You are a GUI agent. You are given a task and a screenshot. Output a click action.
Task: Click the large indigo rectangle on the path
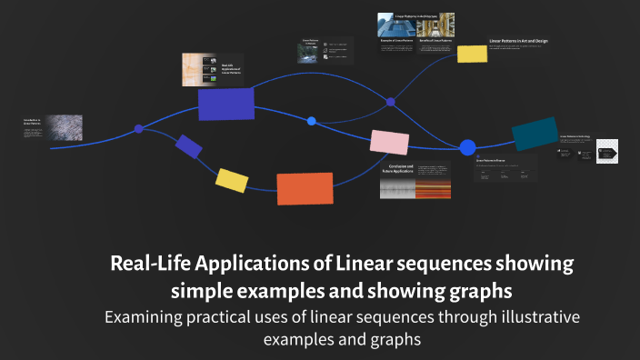tap(226, 105)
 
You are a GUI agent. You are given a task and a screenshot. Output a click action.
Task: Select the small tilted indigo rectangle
tap(189, 145)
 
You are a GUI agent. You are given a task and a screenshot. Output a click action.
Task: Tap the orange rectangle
tap(305, 188)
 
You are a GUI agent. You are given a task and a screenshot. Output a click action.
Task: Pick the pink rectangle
tap(389, 142)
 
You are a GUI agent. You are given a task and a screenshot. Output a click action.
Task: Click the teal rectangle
tap(535, 133)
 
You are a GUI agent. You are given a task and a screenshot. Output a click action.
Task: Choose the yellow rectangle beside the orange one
tap(232, 180)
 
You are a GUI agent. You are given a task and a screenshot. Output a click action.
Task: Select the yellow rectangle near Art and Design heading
tap(472, 53)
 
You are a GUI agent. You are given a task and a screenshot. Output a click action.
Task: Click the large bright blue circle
tap(467, 147)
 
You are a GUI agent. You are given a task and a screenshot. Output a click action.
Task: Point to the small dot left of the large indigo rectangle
tap(138, 129)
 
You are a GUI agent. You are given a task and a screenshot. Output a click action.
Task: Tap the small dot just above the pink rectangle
tap(312, 121)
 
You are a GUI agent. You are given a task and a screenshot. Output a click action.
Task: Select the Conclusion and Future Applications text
tap(400, 171)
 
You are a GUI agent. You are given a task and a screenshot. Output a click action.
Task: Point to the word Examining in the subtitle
tap(145, 317)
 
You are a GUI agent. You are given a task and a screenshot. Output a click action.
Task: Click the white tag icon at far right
tap(607, 151)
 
